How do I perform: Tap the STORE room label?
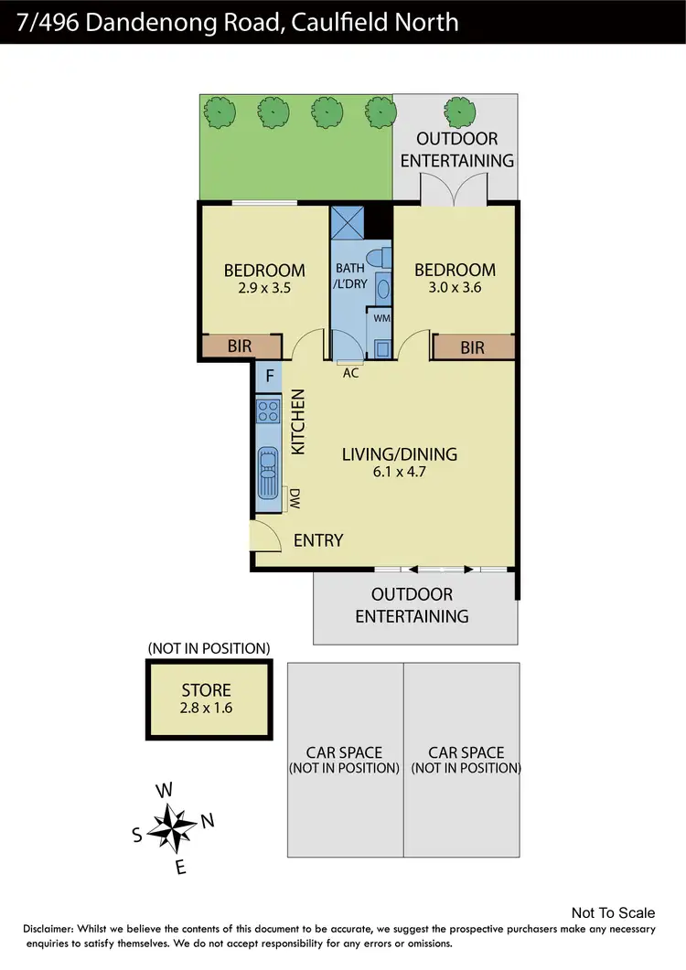206,690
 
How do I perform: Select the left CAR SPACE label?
346,752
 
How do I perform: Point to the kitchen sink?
268,469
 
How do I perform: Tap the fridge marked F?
269,375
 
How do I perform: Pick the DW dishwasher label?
295,498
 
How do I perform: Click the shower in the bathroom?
348,222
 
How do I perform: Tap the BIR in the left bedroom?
241,347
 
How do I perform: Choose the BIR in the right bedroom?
473,347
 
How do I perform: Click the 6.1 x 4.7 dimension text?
399,473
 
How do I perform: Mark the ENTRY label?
318,540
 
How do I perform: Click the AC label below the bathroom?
350,372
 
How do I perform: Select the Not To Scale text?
613,912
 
